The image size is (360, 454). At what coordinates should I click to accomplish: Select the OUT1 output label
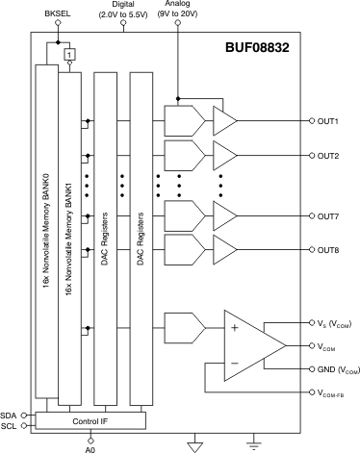point(329,121)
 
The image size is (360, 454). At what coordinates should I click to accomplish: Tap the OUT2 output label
point(329,155)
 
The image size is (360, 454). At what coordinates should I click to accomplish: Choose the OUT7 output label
point(329,215)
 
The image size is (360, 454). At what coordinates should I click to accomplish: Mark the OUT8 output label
point(329,249)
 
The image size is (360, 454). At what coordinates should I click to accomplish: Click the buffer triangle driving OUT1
point(224,121)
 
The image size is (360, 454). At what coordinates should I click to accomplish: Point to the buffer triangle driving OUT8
point(224,249)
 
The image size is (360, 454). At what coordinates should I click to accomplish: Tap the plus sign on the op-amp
point(234,328)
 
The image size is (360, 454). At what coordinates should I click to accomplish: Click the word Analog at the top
point(177,5)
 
